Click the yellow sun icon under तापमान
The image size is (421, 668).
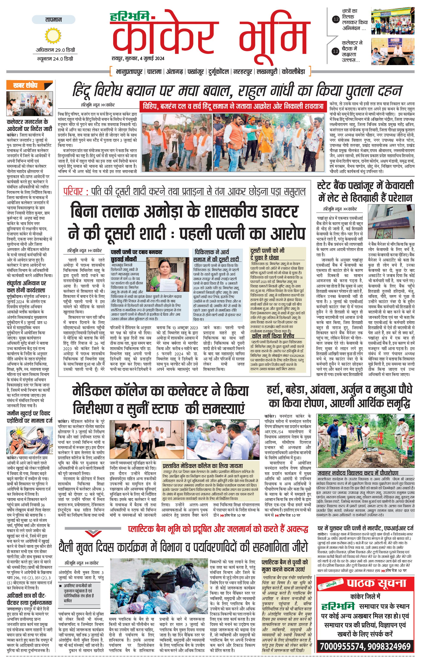coord(53,36)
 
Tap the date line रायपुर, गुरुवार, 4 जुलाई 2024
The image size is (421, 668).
coord(138,58)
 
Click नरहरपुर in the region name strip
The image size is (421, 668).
coord(243,72)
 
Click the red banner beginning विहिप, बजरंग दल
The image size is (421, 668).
coord(233,106)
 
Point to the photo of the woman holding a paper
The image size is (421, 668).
coord(167,273)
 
